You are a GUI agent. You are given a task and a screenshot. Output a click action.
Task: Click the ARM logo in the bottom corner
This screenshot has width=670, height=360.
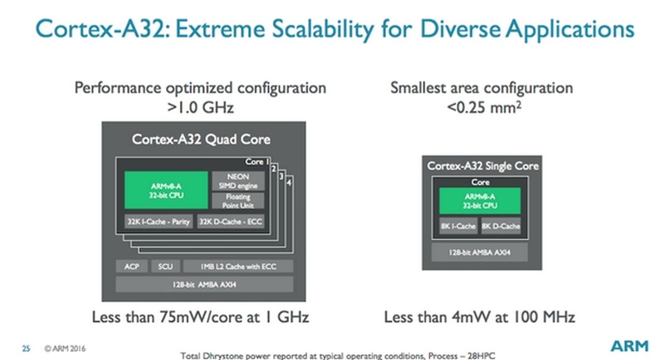629,346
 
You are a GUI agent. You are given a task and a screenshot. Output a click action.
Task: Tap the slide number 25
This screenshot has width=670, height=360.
26,349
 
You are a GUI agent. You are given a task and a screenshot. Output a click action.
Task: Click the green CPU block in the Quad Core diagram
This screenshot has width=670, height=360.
166,190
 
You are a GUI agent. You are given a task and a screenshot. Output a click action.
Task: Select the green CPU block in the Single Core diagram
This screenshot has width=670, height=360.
480,201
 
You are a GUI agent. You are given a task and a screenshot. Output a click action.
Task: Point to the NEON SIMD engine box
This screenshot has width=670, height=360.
238,181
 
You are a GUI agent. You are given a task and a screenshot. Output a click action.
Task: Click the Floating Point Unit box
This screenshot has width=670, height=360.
238,201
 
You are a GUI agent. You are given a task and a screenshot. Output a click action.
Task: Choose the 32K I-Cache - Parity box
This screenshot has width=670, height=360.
158,222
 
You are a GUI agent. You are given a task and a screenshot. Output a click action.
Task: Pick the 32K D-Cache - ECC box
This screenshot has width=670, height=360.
230,222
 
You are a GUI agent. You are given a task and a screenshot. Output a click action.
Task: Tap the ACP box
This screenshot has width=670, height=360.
131,266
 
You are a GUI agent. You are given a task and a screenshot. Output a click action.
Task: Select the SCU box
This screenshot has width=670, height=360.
165,266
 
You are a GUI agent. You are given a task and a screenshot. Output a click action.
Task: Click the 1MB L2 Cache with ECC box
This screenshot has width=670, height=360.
238,266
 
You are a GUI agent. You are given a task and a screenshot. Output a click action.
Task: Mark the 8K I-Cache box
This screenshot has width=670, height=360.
458,226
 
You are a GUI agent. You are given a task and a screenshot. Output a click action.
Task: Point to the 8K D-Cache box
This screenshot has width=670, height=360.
501,226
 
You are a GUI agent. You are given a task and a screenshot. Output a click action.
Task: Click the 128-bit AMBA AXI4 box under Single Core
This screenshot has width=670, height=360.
480,252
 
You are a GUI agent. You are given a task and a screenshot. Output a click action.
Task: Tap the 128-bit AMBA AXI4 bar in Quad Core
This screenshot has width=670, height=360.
204,285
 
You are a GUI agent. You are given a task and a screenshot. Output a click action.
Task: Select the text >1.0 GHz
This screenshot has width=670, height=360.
200,107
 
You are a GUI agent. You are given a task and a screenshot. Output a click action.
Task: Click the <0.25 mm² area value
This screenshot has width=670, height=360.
484,106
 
